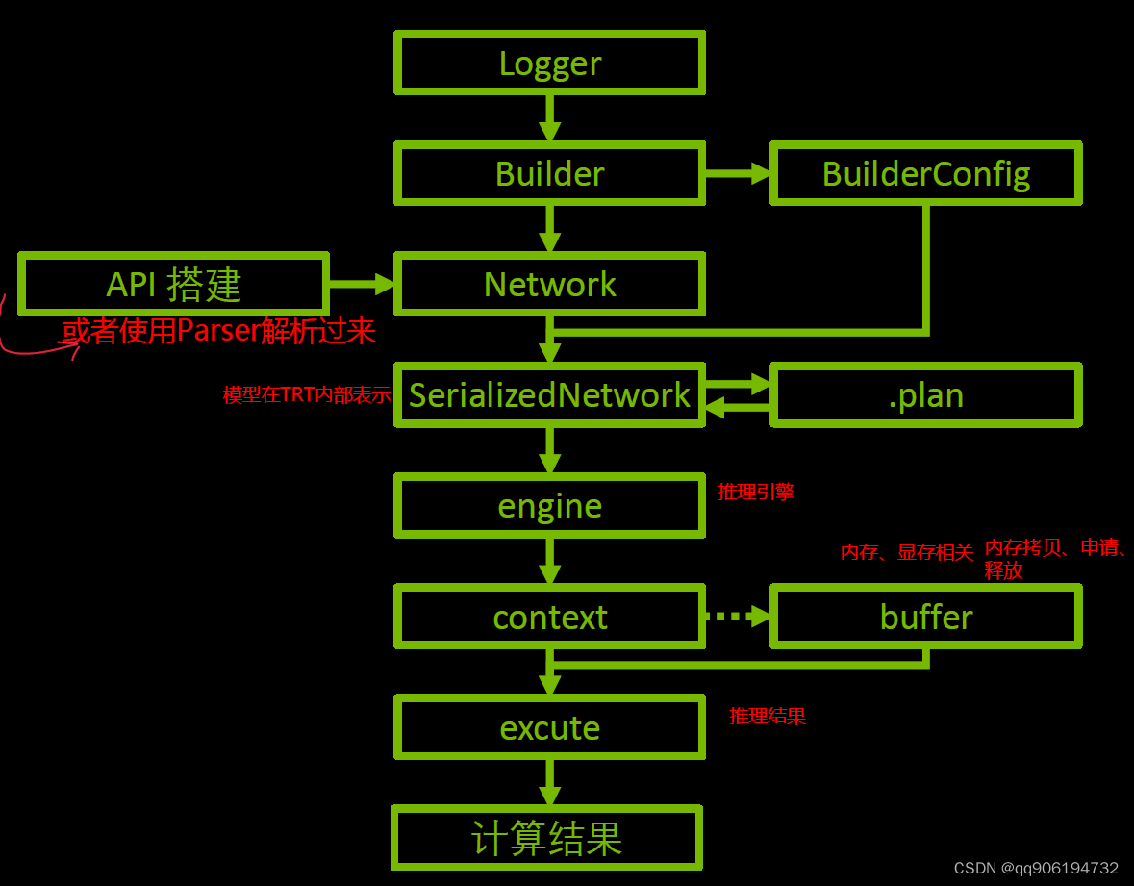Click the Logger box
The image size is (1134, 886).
[x=549, y=63]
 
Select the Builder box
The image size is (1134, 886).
[x=549, y=174]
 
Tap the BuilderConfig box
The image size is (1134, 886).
[x=926, y=174]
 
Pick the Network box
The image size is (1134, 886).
[x=549, y=285]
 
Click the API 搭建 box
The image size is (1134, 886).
[x=173, y=285]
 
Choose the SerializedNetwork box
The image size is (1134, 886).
[x=549, y=395]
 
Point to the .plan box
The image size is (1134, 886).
[x=926, y=395]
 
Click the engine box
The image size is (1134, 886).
[x=549, y=506]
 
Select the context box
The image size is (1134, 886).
[x=549, y=617]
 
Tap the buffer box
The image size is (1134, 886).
[x=926, y=617]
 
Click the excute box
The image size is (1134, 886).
[x=549, y=728]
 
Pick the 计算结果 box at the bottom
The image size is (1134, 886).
[x=546, y=838]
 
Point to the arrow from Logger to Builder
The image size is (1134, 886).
[x=549, y=118]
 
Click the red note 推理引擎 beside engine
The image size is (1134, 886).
[x=756, y=492]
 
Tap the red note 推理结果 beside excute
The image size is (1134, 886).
[x=768, y=716]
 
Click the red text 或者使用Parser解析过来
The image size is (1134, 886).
[x=218, y=332]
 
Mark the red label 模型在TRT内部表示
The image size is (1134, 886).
[x=307, y=395]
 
